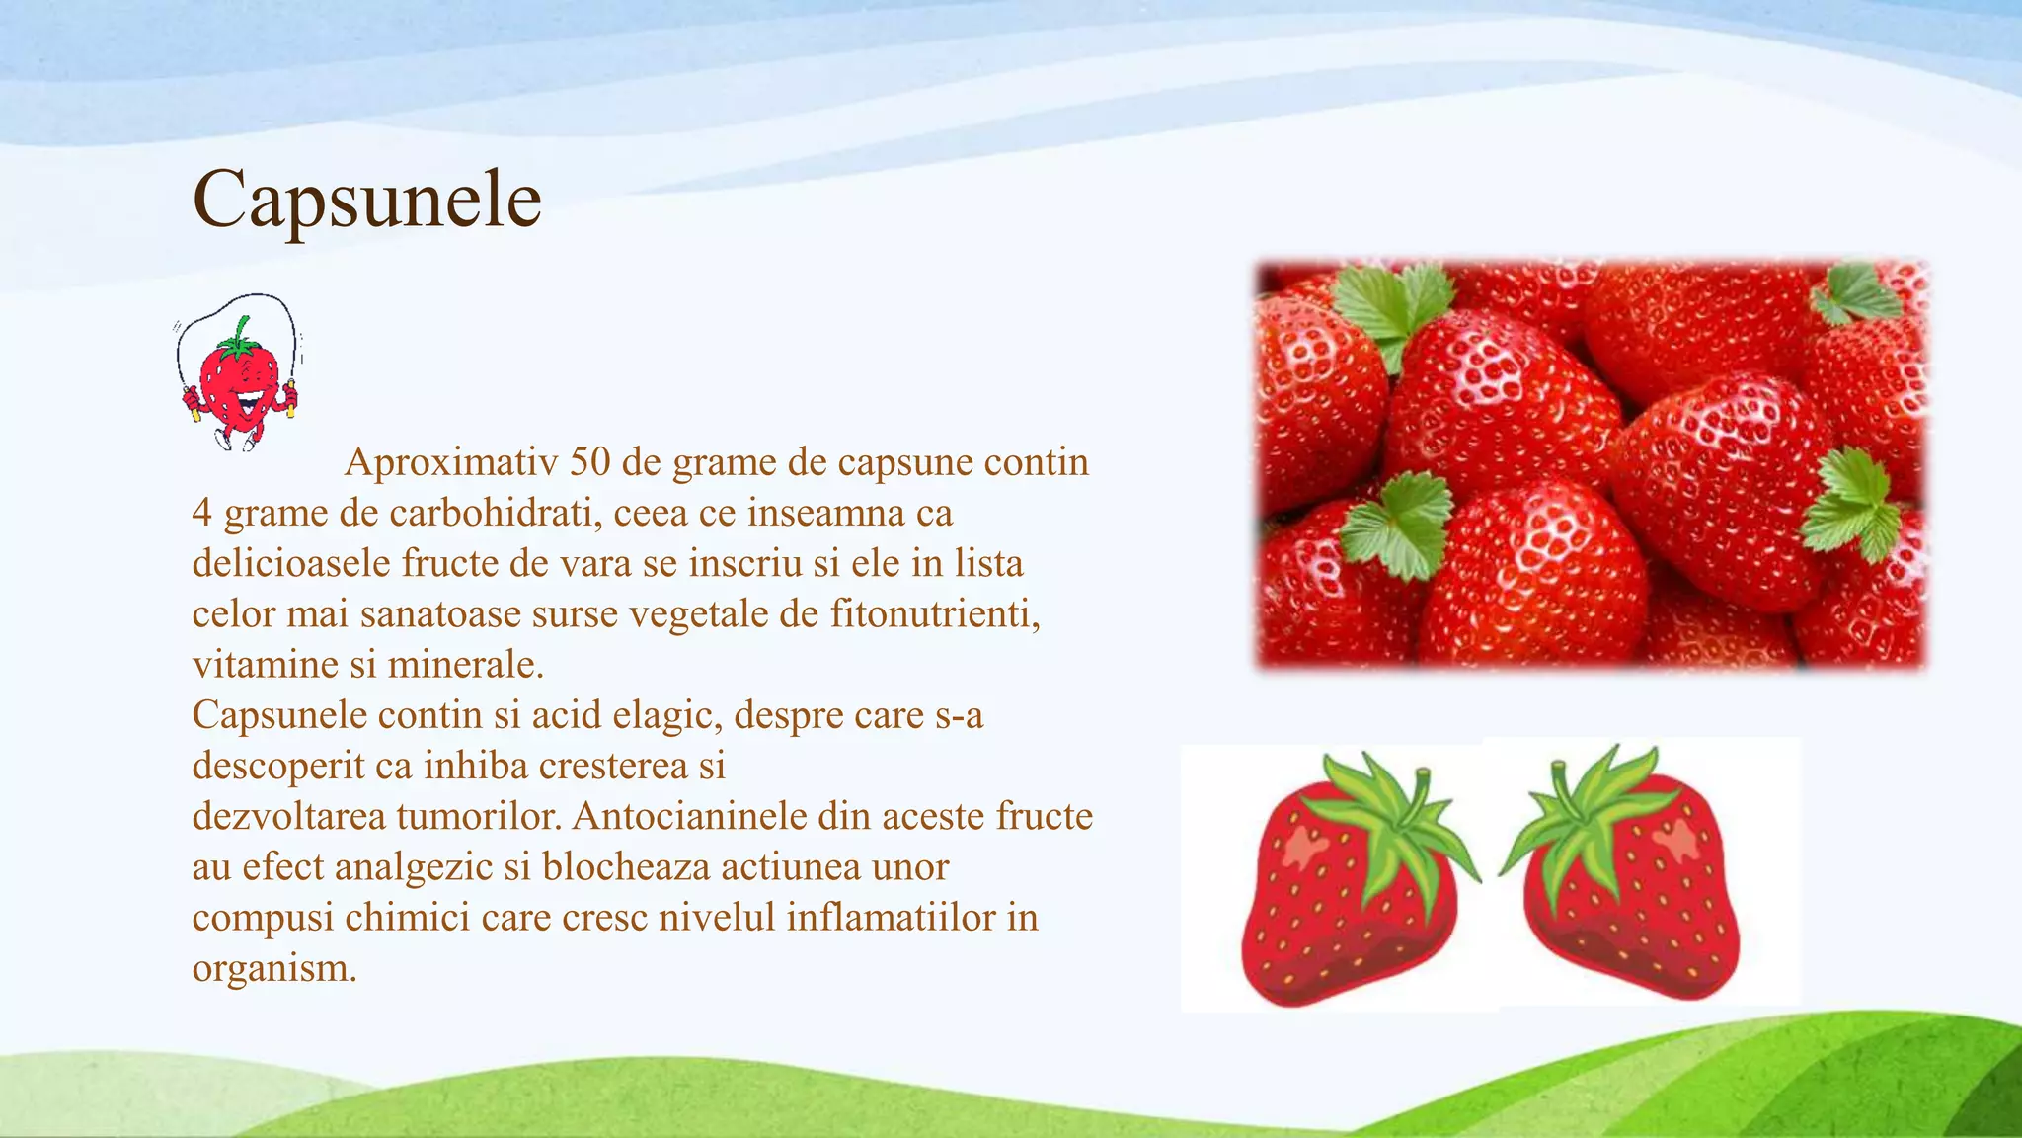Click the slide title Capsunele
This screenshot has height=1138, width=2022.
tap(366, 200)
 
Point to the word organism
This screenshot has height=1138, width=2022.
tap(272, 967)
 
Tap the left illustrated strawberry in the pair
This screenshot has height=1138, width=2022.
tap(1348, 899)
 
